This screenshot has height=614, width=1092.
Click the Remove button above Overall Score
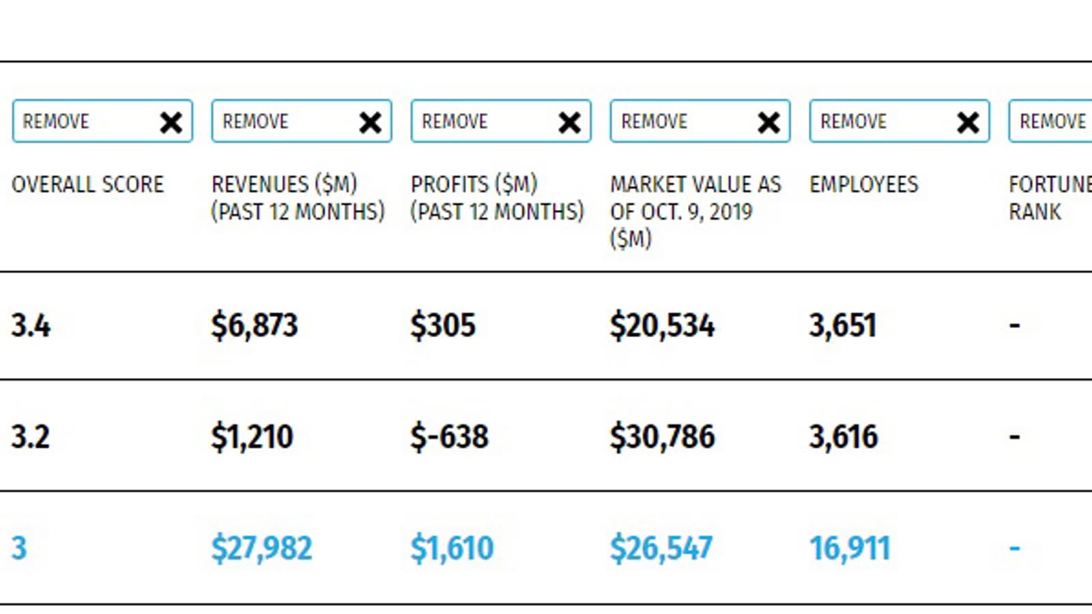pos(102,121)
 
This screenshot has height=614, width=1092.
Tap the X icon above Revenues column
pos(371,123)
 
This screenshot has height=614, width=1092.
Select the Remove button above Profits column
pos(500,121)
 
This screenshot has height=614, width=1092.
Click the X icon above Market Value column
pos(769,123)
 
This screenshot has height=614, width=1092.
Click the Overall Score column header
pos(87,184)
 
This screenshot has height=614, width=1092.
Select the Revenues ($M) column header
pos(298,198)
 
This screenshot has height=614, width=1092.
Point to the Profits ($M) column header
pos(497,198)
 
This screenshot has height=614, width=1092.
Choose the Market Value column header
pos(695,211)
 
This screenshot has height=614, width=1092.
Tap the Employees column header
pos(863,184)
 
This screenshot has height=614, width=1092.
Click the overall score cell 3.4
pos(31,325)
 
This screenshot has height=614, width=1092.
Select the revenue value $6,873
pos(255,325)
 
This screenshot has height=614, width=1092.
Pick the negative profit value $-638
pos(449,437)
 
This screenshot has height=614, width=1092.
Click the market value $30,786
pos(662,437)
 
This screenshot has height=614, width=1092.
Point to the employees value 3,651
pos(842,325)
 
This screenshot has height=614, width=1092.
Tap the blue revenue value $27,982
pos(261,549)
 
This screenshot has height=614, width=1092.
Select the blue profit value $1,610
pos(452,549)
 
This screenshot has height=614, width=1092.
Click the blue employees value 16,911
pos(850,549)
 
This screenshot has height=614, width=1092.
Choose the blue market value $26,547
pos(661,549)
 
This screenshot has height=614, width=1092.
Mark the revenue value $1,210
pos(252,437)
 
